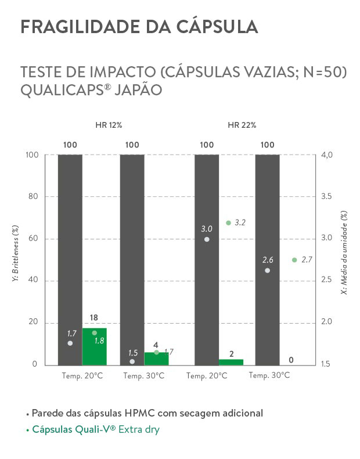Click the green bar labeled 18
94,347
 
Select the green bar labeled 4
156,358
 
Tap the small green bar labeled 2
231,362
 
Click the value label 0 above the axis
290,360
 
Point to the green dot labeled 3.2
228,223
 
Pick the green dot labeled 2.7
294,260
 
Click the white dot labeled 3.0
207,239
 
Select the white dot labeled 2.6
267,270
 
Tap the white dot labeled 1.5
132,361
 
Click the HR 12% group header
109,125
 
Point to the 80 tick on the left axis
32,196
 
